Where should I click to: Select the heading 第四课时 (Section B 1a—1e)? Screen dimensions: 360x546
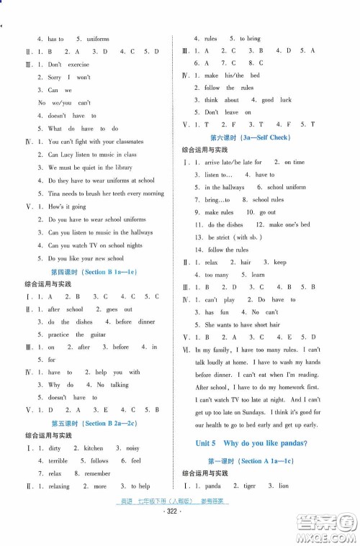point(93,271)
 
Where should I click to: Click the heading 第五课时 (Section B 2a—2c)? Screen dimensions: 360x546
point(94,423)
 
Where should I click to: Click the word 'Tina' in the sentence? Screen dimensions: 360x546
point(55,194)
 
